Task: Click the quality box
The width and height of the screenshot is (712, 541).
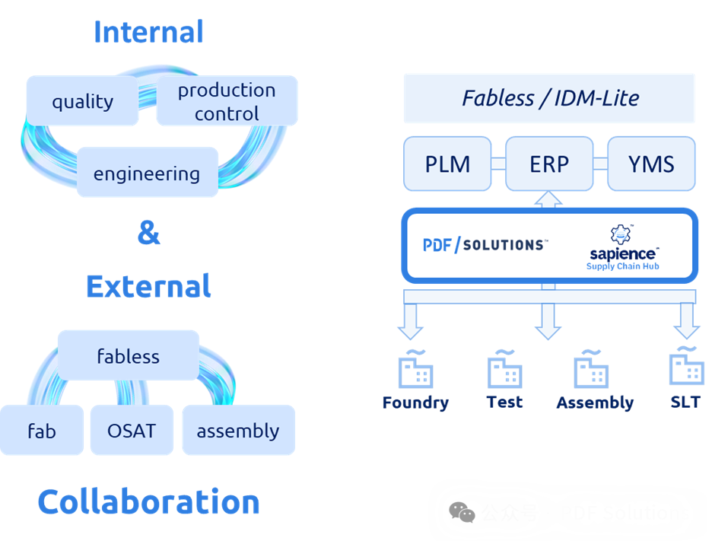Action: (x=82, y=101)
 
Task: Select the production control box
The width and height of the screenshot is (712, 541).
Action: (x=227, y=101)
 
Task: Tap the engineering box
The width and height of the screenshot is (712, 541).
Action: (x=147, y=173)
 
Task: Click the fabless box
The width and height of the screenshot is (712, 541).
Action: (x=128, y=355)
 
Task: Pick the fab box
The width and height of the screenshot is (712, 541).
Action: (x=42, y=431)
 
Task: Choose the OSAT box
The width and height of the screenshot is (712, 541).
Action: (x=132, y=431)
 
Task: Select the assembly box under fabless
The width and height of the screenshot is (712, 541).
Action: (x=238, y=431)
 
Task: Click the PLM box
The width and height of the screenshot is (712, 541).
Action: (x=447, y=164)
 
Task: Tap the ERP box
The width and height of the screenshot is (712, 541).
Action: (x=549, y=164)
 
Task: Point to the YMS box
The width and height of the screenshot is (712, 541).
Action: (x=651, y=164)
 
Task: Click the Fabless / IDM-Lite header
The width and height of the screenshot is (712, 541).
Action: (x=549, y=98)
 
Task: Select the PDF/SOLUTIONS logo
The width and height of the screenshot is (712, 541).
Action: (x=484, y=245)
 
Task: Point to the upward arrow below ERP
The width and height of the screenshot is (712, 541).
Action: (x=548, y=199)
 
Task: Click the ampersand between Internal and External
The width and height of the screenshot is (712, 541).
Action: (x=148, y=233)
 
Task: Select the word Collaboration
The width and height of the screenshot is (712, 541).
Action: (x=148, y=501)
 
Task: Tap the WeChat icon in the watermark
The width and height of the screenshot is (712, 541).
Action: (x=462, y=513)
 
